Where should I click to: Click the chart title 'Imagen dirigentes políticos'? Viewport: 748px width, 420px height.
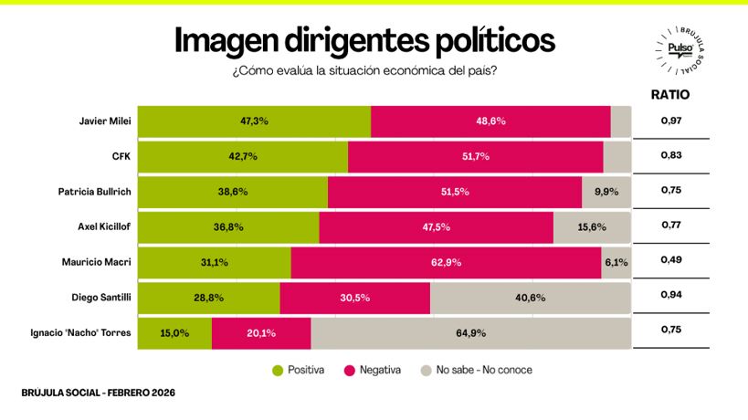coord(363,40)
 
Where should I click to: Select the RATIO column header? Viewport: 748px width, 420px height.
coord(669,94)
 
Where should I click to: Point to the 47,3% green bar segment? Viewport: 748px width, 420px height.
coord(254,121)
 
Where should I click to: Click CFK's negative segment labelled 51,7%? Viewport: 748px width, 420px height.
coord(475,156)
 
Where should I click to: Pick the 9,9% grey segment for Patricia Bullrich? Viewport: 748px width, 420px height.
coord(606,192)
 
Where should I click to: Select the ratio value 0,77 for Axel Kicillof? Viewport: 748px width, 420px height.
coord(671,226)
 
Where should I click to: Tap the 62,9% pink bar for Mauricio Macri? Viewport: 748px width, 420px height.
coord(446,262)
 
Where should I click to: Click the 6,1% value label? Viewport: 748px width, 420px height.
coord(616,262)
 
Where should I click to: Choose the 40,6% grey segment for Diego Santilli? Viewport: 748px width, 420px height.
coord(530,298)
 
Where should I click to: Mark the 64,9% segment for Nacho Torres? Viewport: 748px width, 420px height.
coord(470,333)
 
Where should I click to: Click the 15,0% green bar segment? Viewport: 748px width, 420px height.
coord(174,333)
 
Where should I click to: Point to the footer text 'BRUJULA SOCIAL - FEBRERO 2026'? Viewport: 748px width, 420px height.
coord(98,393)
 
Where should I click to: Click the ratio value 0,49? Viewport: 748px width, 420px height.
coord(671,261)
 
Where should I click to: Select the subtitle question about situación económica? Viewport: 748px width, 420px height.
coord(363,70)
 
